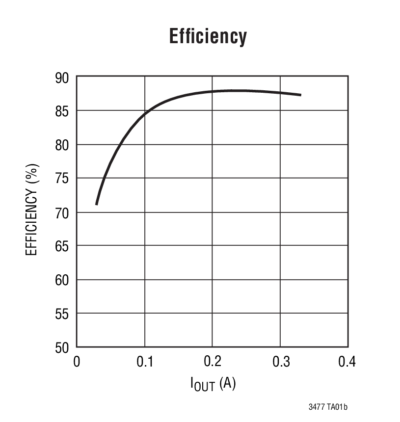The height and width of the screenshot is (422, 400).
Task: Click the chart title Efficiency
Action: point(208,36)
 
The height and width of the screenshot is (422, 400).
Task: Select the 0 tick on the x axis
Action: point(77,362)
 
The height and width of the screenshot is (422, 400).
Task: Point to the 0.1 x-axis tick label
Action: point(144,362)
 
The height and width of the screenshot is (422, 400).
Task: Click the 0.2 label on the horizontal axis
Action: point(212,362)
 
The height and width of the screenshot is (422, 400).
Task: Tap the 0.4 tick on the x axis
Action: point(347,362)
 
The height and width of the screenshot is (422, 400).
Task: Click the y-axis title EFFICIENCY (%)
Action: point(31,212)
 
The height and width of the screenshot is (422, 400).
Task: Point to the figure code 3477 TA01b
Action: point(328,407)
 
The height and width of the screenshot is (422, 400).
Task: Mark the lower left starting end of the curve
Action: point(97,204)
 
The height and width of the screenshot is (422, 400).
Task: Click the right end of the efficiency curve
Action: point(300,95)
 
